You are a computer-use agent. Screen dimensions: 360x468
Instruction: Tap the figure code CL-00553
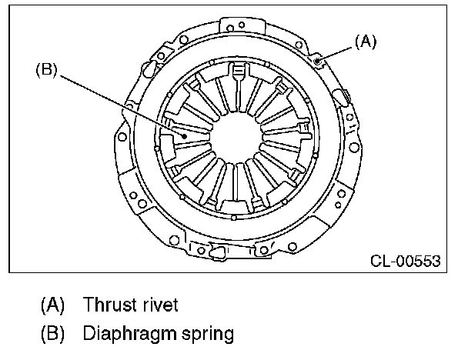tap(406, 261)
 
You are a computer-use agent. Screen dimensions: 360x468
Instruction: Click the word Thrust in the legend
tap(108, 305)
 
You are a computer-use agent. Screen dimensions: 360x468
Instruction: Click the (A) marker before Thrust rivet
tap(52, 305)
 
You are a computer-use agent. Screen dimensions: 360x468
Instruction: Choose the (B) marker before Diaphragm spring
tap(52, 335)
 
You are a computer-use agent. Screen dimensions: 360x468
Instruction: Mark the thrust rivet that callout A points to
tap(319, 59)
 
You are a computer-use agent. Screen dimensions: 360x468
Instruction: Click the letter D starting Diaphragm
tap(91, 335)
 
